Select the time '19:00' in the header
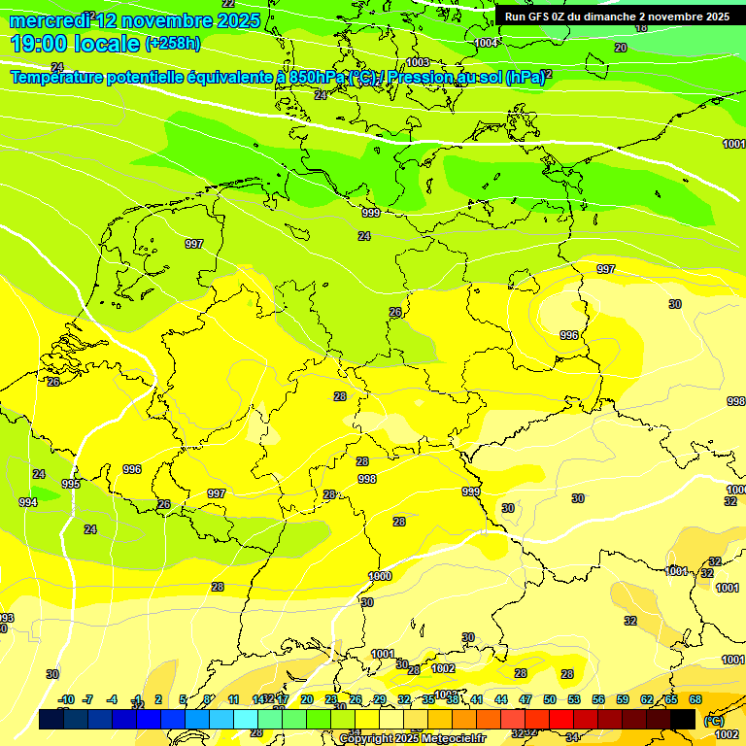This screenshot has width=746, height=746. (x=40, y=43)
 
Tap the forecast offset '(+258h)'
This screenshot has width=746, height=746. (x=173, y=43)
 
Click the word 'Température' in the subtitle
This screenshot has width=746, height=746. (x=60, y=77)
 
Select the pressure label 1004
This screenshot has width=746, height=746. (x=487, y=44)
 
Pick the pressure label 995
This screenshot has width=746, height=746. (x=71, y=484)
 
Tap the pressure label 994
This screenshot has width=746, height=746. (x=28, y=502)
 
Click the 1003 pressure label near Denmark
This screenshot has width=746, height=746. (x=418, y=62)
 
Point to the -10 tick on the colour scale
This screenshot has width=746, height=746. (x=66, y=699)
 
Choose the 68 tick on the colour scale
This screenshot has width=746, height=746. (x=695, y=699)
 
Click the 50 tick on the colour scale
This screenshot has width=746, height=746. (x=550, y=699)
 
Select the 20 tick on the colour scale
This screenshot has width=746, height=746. (x=307, y=699)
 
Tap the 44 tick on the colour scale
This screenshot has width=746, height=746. (x=501, y=699)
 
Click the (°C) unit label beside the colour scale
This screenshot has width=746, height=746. (x=712, y=721)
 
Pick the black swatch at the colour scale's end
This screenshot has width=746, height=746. (x=683, y=719)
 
